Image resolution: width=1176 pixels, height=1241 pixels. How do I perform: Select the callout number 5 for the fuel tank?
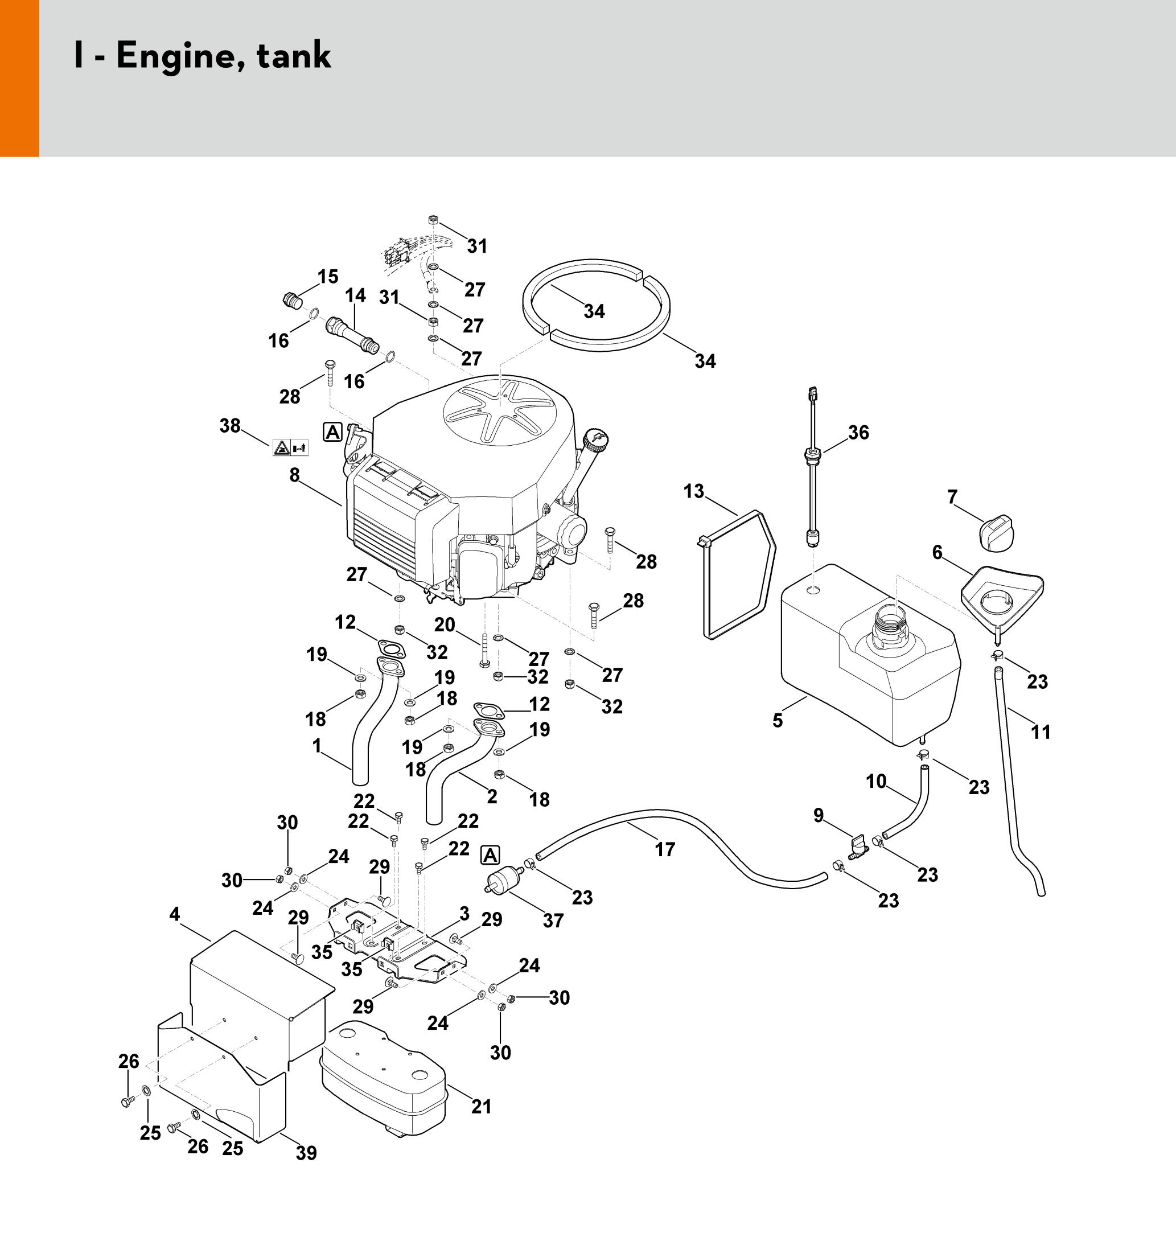pyautogui.click(x=778, y=720)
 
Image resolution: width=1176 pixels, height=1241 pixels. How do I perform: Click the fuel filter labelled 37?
pyautogui.click(x=503, y=880)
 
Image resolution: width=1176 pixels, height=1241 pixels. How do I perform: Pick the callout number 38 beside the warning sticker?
pyautogui.click(x=230, y=426)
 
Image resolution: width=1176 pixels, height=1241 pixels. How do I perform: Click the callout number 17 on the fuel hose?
pyautogui.click(x=664, y=849)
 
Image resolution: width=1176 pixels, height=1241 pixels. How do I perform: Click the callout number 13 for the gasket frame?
pyautogui.click(x=693, y=491)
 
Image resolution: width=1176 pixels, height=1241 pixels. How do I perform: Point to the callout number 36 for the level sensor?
pyautogui.click(x=858, y=433)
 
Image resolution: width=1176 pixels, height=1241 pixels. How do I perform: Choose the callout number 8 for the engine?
pyautogui.click(x=295, y=476)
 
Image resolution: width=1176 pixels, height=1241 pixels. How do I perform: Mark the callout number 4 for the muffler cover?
pyautogui.click(x=174, y=914)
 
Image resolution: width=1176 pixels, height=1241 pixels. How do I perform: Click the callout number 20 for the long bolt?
pyautogui.click(x=445, y=624)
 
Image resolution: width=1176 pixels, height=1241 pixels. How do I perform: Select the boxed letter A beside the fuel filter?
pyautogui.click(x=490, y=855)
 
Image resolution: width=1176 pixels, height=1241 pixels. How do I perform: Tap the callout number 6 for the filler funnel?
pyautogui.click(x=937, y=552)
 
